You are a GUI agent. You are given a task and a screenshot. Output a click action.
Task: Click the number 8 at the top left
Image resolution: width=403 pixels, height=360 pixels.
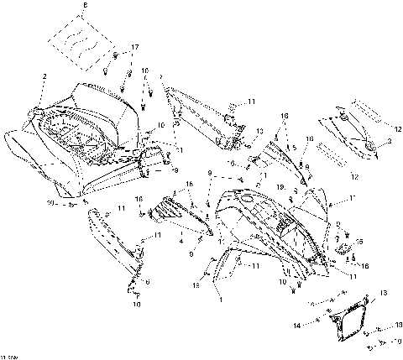coord(84,7)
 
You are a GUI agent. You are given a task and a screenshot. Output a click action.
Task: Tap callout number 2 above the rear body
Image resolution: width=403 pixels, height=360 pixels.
coord(43,77)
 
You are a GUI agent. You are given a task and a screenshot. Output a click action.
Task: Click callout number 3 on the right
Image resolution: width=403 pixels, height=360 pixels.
coord(388,143)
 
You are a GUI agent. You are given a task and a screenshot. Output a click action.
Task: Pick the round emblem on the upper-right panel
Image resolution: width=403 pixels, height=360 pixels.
coord(370,148)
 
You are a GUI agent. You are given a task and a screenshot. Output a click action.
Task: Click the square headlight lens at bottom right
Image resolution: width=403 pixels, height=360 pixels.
coord(350,321)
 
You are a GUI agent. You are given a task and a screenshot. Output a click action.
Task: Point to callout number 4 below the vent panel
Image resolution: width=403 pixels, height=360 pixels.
coord(181,241)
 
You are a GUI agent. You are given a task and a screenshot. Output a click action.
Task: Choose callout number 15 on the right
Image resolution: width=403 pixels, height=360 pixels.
coord(360,241)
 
